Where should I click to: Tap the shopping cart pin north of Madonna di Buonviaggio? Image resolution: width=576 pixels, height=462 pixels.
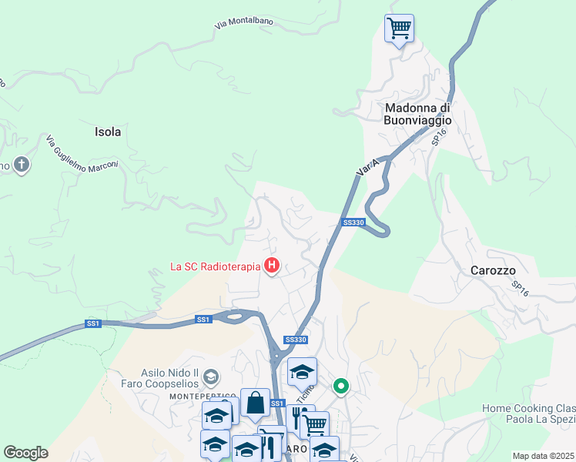[x=399, y=28]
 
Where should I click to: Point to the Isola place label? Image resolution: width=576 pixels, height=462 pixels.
[x=108, y=132]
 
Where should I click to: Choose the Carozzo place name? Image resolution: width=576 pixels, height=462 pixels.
[x=493, y=270]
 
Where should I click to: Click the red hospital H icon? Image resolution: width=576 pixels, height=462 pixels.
[x=271, y=267]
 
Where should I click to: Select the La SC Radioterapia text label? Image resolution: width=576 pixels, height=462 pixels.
[x=216, y=268]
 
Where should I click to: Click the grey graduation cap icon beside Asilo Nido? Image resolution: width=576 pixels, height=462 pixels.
[x=212, y=377]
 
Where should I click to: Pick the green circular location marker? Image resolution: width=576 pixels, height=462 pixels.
[x=340, y=386]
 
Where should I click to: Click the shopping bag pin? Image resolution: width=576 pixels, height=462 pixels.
[x=255, y=402]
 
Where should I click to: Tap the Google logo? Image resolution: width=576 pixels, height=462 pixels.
[x=25, y=453]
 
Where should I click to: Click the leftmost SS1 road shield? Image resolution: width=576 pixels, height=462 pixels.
[x=93, y=323]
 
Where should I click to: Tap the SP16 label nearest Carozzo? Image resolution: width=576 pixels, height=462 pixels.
[x=521, y=289]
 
